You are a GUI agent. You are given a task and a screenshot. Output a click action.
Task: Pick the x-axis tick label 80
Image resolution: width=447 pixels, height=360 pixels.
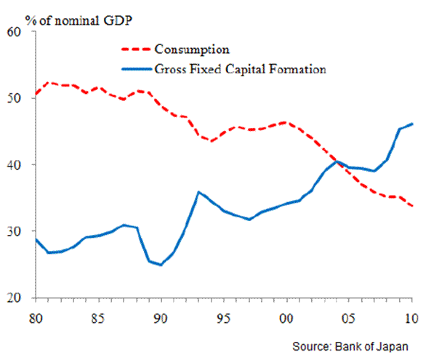click(x=34, y=317)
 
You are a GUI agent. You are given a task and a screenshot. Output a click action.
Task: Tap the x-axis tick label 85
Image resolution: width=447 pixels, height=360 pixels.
click(x=97, y=317)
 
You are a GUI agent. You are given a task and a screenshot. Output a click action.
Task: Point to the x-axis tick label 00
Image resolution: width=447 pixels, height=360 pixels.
click(x=286, y=317)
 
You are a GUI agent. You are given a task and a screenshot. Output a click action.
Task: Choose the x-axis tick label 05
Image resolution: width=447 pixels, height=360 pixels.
click(x=350, y=317)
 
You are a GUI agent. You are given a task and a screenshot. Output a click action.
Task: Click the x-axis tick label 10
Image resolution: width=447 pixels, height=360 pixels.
click(x=412, y=317)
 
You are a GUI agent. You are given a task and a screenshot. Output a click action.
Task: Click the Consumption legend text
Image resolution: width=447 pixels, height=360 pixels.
click(x=192, y=50)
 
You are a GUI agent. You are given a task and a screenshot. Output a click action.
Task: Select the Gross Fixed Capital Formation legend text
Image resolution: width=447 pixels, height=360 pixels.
click(x=239, y=70)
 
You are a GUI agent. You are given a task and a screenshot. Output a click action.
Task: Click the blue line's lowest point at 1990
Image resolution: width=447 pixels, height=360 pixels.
click(x=160, y=265)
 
